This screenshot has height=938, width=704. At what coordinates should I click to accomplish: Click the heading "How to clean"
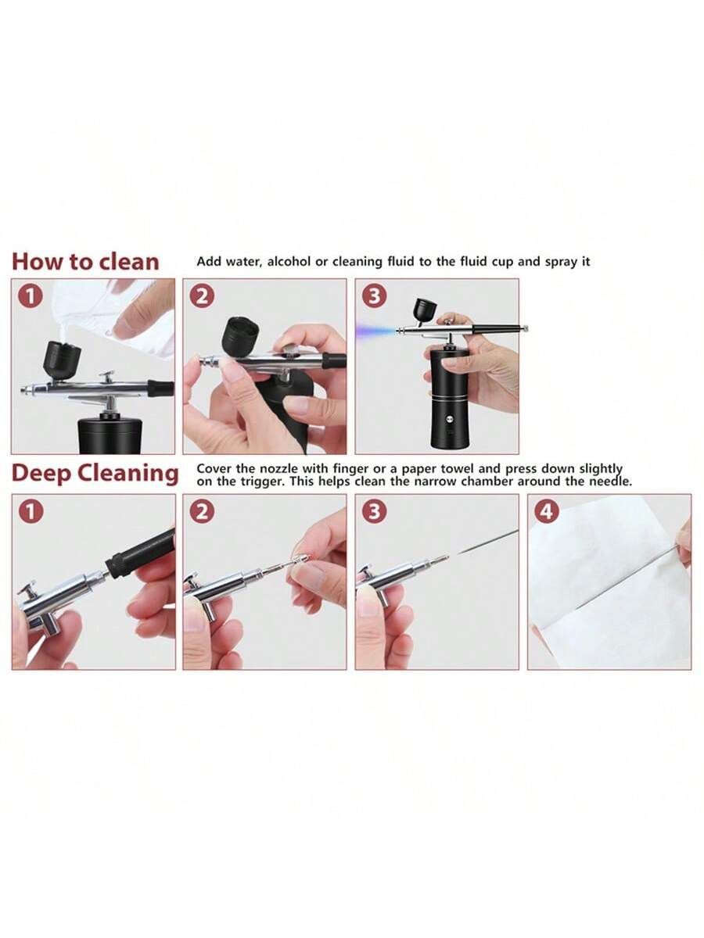click(85, 262)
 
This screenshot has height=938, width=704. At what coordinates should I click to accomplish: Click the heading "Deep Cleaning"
click(95, 474)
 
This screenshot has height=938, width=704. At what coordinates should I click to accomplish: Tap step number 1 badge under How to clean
click(31, 296)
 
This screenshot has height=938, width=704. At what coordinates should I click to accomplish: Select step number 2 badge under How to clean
click(202, 296)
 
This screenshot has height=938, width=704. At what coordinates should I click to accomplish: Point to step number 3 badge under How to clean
click(374, 296)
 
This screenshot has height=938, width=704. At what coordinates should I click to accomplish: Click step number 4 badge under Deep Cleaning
click(547, 511)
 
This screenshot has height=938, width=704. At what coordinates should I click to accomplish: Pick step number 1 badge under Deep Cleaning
click(31, 511)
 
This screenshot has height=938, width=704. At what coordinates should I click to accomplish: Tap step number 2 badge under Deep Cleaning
click(202, 511)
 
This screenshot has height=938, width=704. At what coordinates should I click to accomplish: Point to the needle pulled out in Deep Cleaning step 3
click(487, 542)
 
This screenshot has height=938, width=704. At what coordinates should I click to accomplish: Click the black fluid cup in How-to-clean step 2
click(240, 338)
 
